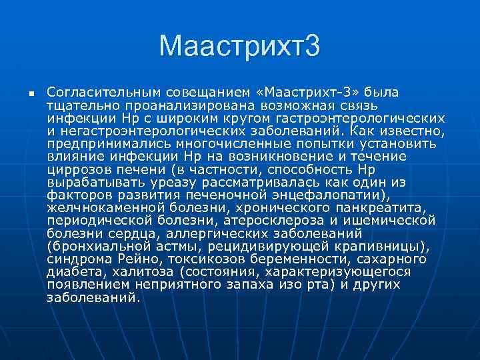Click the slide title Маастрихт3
coord(240,46)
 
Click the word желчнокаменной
coord(103,207)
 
